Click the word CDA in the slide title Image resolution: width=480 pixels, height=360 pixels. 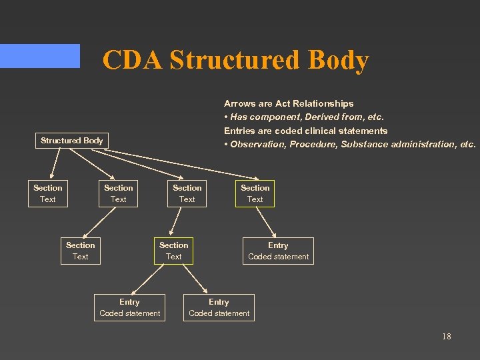(x=133, y=60)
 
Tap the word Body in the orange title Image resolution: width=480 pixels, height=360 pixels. (x=338, y=60)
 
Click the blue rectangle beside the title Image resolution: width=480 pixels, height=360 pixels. (x=40, y=56)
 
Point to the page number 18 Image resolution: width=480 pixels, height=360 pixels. (x=446, y=336)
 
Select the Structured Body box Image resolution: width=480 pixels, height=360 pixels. (x=71, y=141)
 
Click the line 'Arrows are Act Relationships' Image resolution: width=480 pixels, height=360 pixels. (x=289, y=103)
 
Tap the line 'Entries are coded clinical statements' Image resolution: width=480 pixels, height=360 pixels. (x=305, y=131)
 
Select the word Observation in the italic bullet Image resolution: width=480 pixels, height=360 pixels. (x=257, y=144)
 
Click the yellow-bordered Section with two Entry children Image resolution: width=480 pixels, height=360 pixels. (x=173, y=251)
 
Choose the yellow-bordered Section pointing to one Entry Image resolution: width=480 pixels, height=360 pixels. (x=255, y=193)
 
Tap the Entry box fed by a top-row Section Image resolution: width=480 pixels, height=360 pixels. (x=278, y=251)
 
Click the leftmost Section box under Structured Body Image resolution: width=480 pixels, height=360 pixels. (x=47, y=193)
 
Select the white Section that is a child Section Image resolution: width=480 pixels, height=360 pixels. (x=80, y=251)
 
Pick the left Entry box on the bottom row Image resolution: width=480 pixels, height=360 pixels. (x=129, y=307)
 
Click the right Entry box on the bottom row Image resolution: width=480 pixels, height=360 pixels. (x=219, y=307)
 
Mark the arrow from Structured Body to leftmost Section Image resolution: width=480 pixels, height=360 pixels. (x=55, y=164)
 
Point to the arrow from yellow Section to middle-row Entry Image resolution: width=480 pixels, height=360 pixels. (x=267, y=222)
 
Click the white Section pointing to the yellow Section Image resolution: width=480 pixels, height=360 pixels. (x=187, y=193)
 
